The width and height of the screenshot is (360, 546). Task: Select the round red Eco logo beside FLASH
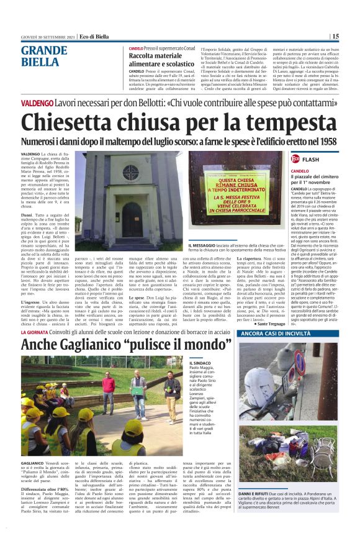[295, 159]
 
